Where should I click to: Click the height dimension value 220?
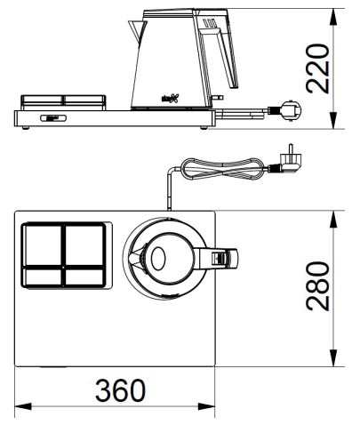pyautogui.click(x=318, y=69)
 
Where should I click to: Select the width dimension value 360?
pyautogui.click(x=116, y=391)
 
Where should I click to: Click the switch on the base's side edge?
pyautogui.click(x=51, y=116)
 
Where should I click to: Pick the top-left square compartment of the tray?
pyautogui.click(x=41, y=243)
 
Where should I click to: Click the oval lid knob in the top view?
pyautogui.click(x=158, y=259)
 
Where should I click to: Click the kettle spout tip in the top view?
pyautogui.click(x=132, y=259)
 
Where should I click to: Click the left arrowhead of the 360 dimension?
pyautogui.click(x=20, y=407)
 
